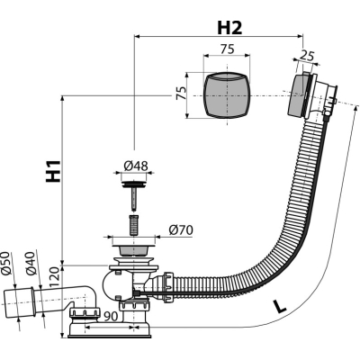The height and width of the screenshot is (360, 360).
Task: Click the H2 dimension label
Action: pos(229,28)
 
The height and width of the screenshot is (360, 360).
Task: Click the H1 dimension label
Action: pos(53,171)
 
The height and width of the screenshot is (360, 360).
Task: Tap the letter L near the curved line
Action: pos(280,306)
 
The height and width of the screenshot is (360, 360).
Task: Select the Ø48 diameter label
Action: pos(136,166)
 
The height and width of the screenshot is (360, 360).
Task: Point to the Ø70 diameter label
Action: pos(181,230)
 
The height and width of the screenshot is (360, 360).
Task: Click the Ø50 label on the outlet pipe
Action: pos(6,263)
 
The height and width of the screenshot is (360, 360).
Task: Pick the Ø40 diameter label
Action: pos(31,263)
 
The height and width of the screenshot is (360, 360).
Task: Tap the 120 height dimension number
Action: pos(55,277)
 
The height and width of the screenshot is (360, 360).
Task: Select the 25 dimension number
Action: pos(307,56)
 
